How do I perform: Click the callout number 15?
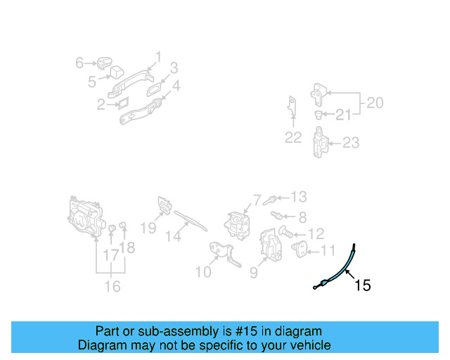pos(362,285)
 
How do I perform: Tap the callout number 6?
pos(79,63)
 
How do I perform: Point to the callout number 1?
pos(158,56)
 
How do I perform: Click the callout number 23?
pos(350,143)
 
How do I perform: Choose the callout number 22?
pos(293,138)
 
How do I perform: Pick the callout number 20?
pos(375,103)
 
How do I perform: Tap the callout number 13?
pos(298,197)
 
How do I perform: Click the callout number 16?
pos(112,285)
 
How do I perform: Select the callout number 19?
pos(148,227)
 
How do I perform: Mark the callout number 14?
pos(173,237)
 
